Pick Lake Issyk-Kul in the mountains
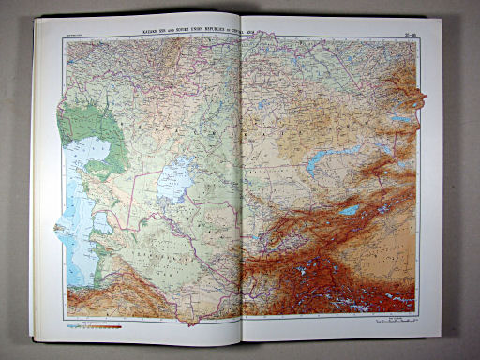point(349,210)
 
